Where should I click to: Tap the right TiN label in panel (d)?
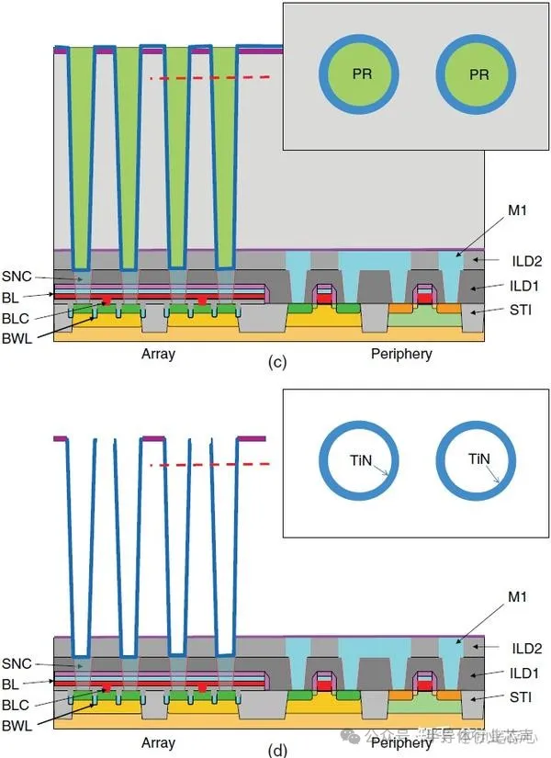(478, 458)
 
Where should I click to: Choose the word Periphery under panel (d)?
(401, 740)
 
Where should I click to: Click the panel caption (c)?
(276, 363)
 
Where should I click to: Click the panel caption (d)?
(276, 750)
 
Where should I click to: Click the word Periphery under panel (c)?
(401, 354)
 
